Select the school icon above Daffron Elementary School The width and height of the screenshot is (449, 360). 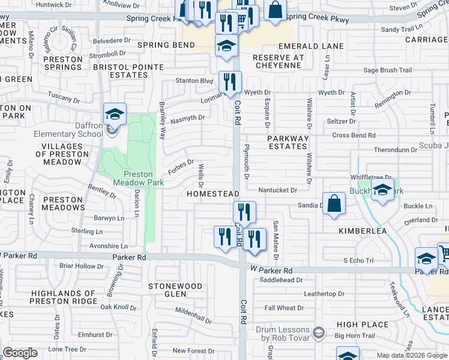click(115, 113)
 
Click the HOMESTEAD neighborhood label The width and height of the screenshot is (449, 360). click(213, 194)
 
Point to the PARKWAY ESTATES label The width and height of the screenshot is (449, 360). click(288, 142)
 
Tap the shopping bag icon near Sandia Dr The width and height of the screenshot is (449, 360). click(334, 203)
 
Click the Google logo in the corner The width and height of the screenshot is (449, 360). click(20, 353)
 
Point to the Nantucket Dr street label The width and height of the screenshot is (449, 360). click(278, 190)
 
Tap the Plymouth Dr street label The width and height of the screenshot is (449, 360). click(246, 162)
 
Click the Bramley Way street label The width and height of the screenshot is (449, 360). click(162, 121)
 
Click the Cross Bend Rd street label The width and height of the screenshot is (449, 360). click(354, 136)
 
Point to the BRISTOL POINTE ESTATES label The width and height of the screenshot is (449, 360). click(120, 71)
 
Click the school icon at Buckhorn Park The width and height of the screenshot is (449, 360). click(382, 190)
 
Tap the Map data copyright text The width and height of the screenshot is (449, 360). click(411, 355)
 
